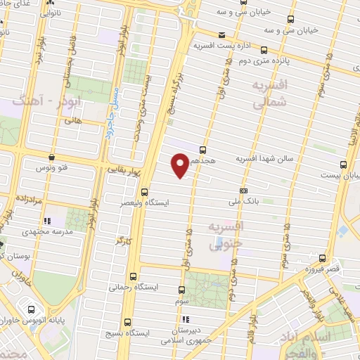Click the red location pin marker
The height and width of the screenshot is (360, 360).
pos(180,165)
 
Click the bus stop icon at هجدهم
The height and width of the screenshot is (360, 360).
pos(203,150)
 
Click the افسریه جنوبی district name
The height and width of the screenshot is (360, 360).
pos(226,236)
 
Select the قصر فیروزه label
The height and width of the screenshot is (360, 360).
pos(323,269)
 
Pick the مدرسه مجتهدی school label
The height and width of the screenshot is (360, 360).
pos(44,232)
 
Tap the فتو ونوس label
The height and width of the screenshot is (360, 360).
pos(53,169)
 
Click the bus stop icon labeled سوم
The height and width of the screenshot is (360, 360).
pos(182,290)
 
